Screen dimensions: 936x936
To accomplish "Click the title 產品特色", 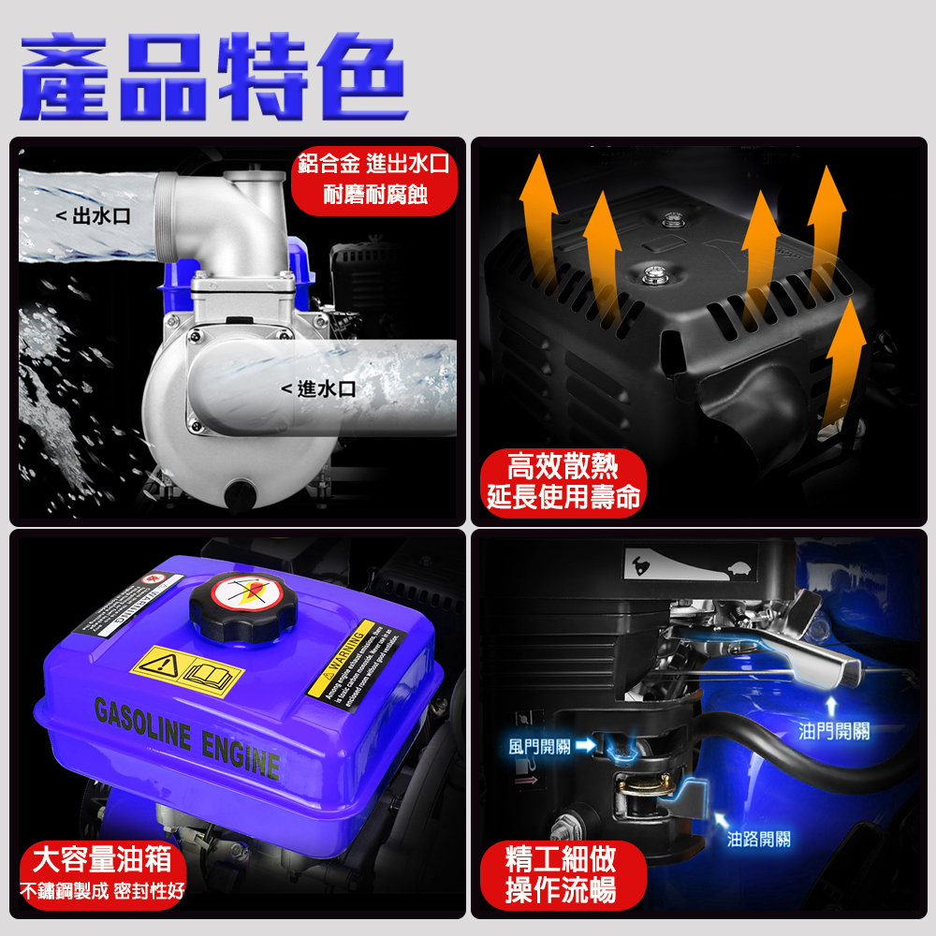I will coord(213,77).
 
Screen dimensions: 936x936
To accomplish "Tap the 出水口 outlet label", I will coord(93,217).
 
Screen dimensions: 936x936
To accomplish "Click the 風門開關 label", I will coord(539,746).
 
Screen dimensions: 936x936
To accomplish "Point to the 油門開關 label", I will coord(834,730).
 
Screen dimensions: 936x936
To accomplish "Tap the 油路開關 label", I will coord(759,840).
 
